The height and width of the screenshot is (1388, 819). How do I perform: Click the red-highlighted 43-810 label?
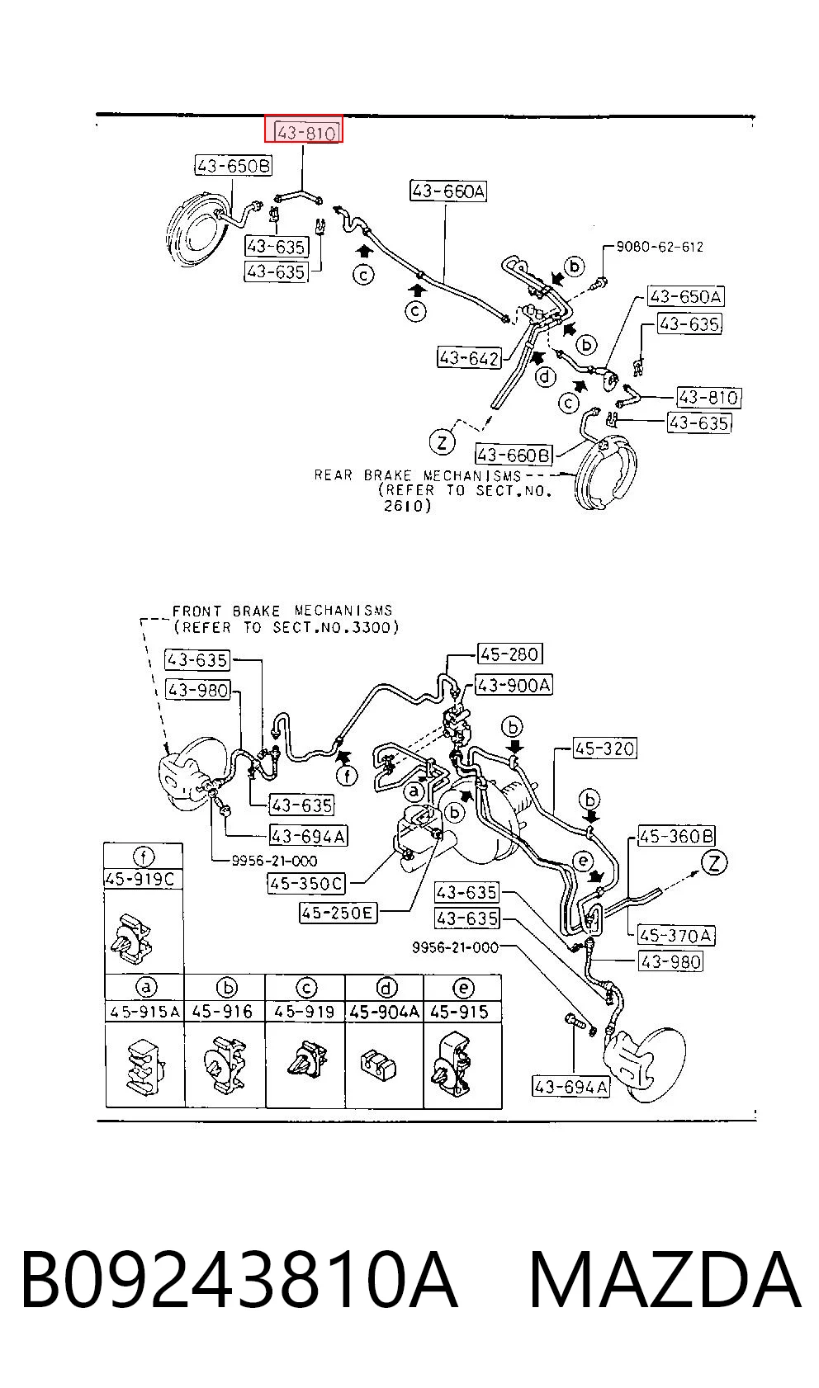point(304,128)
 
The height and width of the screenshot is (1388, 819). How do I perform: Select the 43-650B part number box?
point(233,165)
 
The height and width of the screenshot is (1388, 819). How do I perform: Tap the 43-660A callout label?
point(447,191)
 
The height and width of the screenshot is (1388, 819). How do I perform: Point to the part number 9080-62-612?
point(660,247)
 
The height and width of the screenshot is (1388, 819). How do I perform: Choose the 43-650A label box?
point(686,296)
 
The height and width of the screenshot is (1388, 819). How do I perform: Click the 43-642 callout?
point(469,357)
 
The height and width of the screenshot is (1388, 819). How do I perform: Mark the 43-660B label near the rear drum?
point(514,455)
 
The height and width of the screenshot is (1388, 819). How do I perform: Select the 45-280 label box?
point(509,654)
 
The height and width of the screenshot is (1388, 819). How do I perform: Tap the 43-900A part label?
point(514,685)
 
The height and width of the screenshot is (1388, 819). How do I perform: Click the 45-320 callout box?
point(604,748)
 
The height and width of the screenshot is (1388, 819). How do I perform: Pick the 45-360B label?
point(676,836)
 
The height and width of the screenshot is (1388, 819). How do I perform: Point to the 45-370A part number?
point(676,935)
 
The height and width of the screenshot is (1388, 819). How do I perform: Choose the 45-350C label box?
point(306,883)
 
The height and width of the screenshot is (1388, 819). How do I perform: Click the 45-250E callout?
point(338,912)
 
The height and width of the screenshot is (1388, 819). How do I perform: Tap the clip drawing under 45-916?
point(224,1065)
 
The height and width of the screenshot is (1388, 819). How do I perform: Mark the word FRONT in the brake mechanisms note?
point(196,611)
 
